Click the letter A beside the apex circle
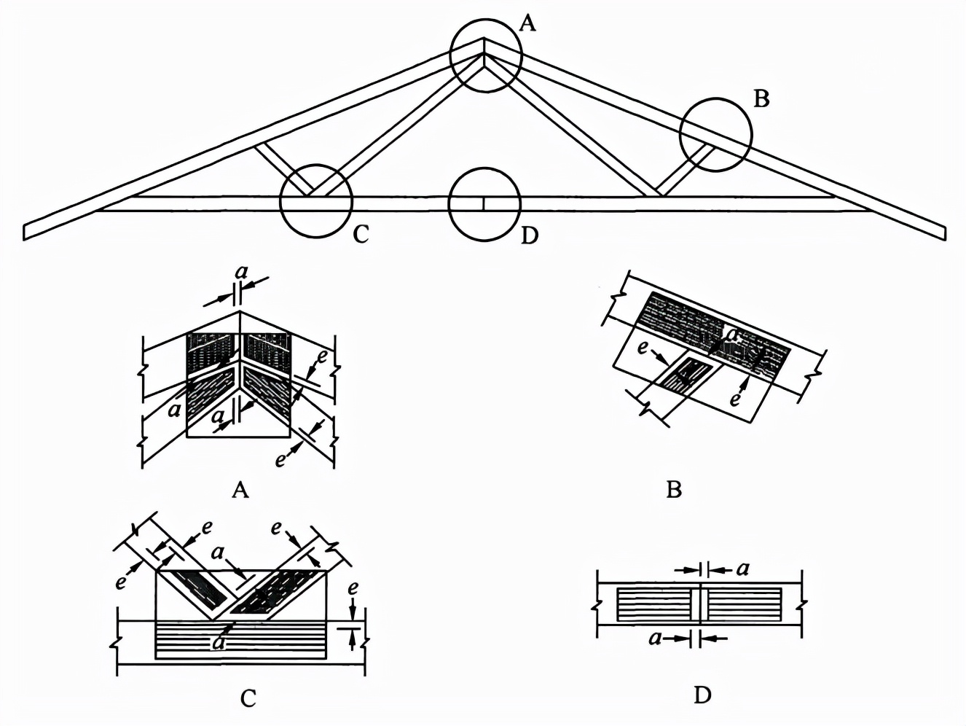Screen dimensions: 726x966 coord(528,24)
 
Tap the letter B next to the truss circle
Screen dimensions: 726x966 coord(761,98)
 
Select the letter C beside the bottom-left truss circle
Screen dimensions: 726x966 coord(361,235)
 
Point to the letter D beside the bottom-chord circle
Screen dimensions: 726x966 coord(530,235)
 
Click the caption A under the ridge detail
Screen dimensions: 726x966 coord(240,490)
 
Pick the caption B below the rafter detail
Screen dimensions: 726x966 coord(674,489)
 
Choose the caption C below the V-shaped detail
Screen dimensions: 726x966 coord(248,699)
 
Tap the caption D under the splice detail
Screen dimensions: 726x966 coord(702,696)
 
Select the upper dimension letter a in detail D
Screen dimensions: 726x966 coord(742,569)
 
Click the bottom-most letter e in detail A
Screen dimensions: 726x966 coord(280,460)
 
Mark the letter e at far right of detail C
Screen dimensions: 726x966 coord(353,588)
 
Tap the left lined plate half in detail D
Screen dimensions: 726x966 coord(654,604)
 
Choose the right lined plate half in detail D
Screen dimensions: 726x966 coord(744,604)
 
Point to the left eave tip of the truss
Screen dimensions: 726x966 coord(28,231)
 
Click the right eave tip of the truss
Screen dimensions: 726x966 coord(942,233)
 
